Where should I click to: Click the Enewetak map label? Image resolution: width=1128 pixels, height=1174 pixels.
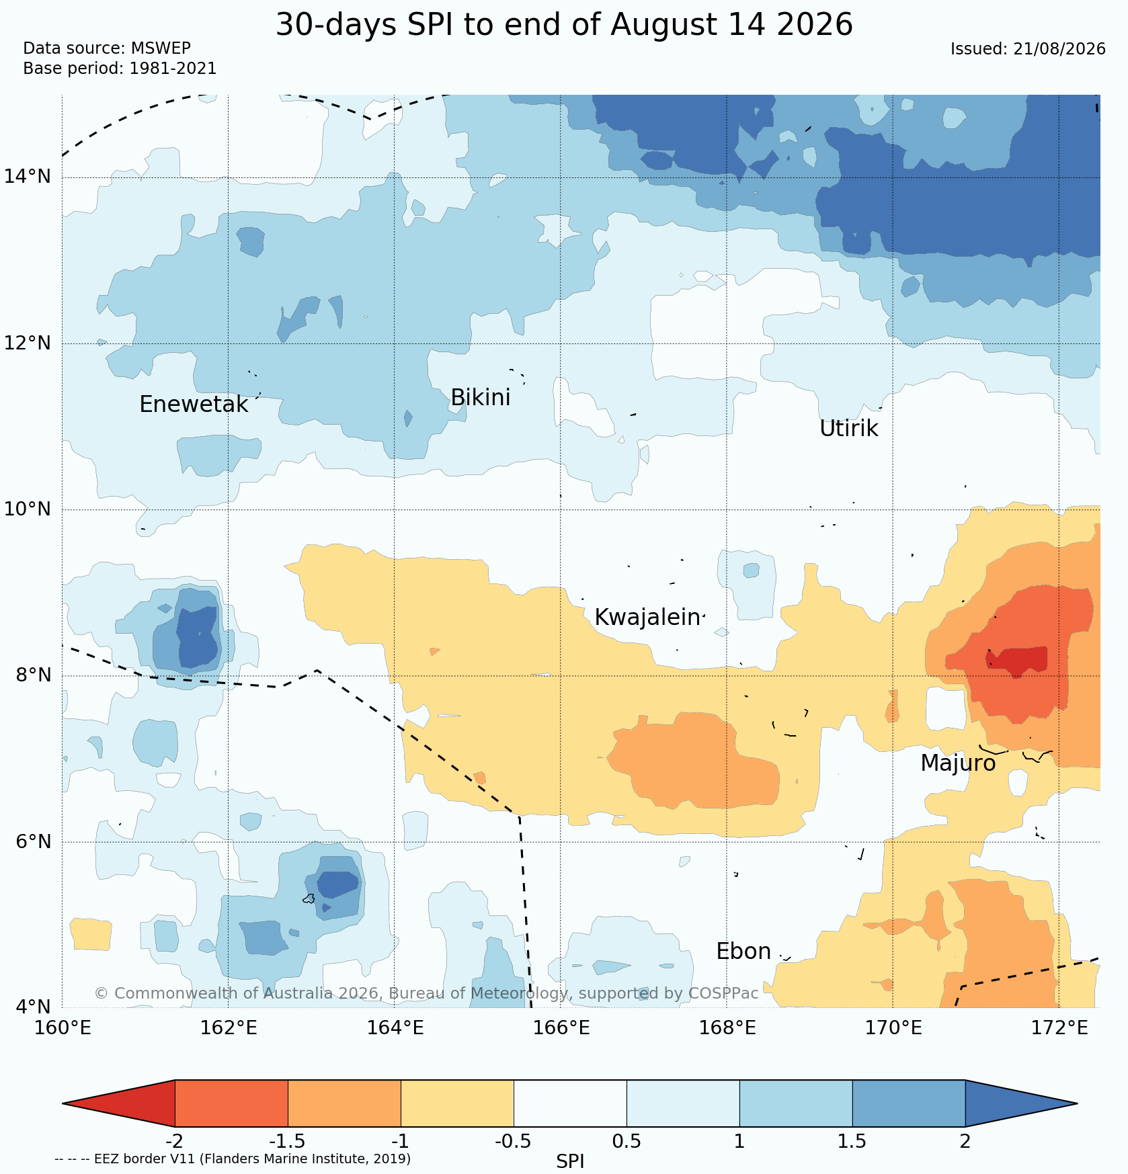pyautogui.click(x=194, y=405)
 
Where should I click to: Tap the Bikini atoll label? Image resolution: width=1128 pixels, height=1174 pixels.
pyautogui.click(x=481, y=398)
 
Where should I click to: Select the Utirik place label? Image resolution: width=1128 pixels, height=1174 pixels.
pyautogui.click(x=848, y=429)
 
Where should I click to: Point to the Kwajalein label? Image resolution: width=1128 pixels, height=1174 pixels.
pyautogui.click(x=647, y=618)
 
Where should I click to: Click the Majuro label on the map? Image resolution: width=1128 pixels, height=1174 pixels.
pyautogui.click(x=958, y=764)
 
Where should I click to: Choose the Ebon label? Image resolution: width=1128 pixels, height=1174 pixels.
pyautogui.click(x=743, y=952)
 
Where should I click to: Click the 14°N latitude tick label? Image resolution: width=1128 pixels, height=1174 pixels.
pyautogui.click(x=28, y=177)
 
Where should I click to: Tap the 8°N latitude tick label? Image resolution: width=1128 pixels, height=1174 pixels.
pyautogui.click(x=33, y=675)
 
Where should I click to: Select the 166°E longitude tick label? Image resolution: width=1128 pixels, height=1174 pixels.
pyautogui.click(x=563, y=1028)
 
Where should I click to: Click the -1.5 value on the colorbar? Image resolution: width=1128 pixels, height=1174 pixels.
pyautogui.click(x=288, y=1142)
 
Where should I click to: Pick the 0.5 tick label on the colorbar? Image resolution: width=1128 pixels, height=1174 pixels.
pyautogui.click(x=627, y=1142)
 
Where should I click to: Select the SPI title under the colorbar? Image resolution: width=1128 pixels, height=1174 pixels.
pyautogui.click(x=570, y=1161)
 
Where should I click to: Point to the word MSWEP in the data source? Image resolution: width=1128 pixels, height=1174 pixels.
pyautogui.click(x=161, y=48)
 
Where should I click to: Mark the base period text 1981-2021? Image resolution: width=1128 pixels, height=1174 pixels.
pyautogui.click(x=173, y=69)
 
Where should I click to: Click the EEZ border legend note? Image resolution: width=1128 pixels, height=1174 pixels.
pyautogui.click(x=233, y=1159)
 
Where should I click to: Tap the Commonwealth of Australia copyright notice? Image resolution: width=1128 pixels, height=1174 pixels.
pyautogui.click(x=426, y=993)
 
